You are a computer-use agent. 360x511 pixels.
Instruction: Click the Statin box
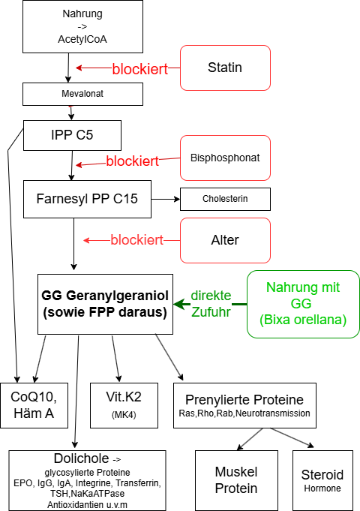tap(225, 68)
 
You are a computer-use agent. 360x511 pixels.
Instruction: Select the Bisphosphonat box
tap(225, 158)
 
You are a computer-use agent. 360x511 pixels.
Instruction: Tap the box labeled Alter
tap(225, 240)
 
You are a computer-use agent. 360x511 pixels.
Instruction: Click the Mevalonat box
tap(82, 94)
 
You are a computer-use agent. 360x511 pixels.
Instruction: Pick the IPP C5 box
tap(71, 135)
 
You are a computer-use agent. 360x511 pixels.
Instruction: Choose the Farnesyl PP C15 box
tap(87, 199)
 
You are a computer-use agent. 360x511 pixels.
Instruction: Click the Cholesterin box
tap(225, 199)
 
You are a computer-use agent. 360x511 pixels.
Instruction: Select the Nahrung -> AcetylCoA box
tap(82, 27)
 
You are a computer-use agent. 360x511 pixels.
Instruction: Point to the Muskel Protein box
tap(235, 481)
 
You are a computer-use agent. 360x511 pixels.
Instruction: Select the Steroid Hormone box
tap(322, 481)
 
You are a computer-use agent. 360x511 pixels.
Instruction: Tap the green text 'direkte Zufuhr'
tap(211, 304)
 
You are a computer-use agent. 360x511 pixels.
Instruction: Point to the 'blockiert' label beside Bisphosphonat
tap(132, 161)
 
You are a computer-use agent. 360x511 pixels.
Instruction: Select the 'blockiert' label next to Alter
tap(137, 240)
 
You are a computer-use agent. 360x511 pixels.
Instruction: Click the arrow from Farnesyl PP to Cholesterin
tap(166, 200)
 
